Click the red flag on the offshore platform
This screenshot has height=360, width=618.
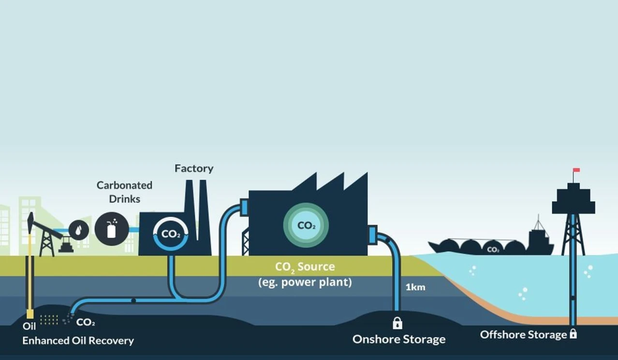click(576, 170)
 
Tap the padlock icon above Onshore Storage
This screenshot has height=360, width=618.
click(397, 322)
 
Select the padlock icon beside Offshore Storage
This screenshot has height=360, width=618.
click(573, 333)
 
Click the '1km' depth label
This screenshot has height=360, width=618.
click(415, 287)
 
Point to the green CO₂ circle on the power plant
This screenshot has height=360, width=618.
click(306, 225)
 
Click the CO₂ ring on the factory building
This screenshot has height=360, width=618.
click(170, 234)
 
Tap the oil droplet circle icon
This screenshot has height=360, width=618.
click(78, 230)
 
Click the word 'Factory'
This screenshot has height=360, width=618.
click(194, 168)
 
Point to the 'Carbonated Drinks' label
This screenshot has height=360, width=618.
click(124, 192)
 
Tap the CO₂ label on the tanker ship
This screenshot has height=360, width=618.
click(493, 249)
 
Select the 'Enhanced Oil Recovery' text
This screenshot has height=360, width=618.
click(78, 341)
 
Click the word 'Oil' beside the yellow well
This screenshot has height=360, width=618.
click(29, 327)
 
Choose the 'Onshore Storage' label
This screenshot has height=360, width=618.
click(399, 339)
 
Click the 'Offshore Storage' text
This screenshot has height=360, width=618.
click(523, 334)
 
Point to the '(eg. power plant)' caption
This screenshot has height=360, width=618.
click(305, 282)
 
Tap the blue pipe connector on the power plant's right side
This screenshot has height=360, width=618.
click(372, 235)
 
